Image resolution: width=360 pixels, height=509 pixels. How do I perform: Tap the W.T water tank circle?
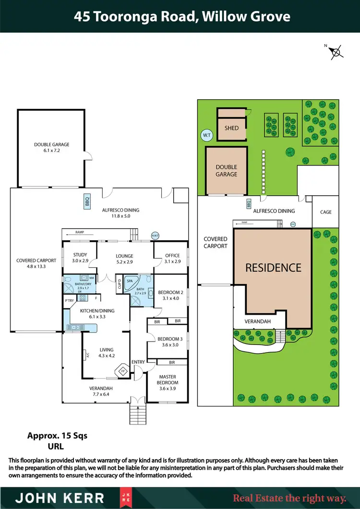207,135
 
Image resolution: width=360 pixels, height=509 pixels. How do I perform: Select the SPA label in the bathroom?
129,281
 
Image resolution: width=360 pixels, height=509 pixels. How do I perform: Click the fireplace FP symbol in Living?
122,370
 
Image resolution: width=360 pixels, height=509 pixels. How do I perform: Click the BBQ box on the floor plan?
87,202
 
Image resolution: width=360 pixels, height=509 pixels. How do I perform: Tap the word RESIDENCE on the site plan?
273,268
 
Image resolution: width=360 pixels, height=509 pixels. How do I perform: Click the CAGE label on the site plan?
325,212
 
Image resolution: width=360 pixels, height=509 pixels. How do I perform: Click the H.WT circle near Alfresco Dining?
155,235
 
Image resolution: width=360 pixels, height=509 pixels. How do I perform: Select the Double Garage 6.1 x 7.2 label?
51,147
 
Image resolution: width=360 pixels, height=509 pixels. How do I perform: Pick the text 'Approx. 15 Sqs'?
57,436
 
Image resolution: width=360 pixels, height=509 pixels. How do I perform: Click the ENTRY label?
138,362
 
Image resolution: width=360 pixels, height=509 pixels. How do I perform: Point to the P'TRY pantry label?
69,301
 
